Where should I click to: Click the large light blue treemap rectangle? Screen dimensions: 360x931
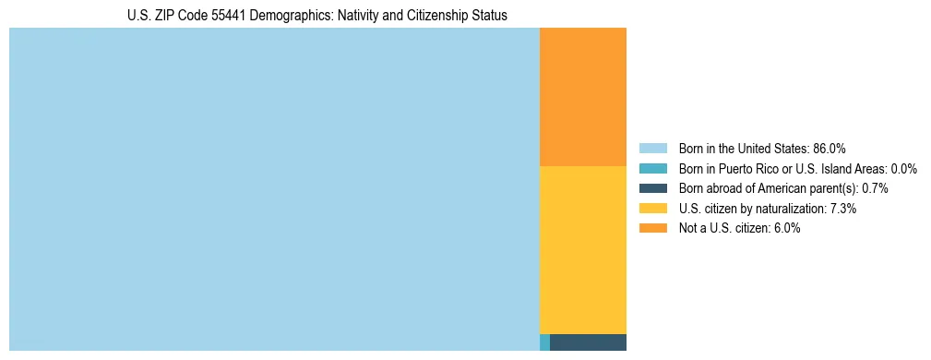click(x=274, y=189)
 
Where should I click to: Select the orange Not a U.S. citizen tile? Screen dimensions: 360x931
click(x=582, y=97)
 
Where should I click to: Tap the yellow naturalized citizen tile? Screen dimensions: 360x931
click(x=582, y=249)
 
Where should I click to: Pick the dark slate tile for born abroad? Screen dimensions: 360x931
click(x=588, y=342)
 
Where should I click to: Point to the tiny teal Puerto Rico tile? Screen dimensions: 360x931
click(x=544, y=342)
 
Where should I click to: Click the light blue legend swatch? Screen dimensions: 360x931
click(x=652, y=149)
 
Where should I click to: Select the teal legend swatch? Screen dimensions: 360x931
click(x=652, y=169)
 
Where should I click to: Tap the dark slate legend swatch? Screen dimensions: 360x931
click(x=652, y=188)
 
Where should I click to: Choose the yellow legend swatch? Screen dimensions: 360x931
click(x=652, y=209)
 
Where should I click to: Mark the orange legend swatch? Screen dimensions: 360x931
click(x=652, y=229)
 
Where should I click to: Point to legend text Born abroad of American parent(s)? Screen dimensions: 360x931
click(x=768, y=188)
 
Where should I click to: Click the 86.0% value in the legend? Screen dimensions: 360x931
click(x=830, y=149)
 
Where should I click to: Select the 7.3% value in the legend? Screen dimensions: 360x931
click(x=843, y=209)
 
